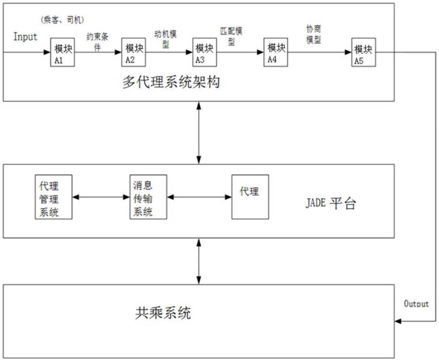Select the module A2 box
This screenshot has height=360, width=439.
coord(132,53)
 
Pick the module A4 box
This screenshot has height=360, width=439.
coord(274,53)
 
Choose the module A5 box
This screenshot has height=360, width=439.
coord(362,53)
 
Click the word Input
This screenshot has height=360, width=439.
coord(26,37)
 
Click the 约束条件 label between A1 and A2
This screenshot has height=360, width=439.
coord(97,42)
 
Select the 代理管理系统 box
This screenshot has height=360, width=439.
coord(53,197)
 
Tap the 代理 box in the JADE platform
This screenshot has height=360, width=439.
coord(250,196)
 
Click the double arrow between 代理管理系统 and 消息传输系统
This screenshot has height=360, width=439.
coord(101,197)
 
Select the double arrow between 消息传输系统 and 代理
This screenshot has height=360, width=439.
coord(199,197)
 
